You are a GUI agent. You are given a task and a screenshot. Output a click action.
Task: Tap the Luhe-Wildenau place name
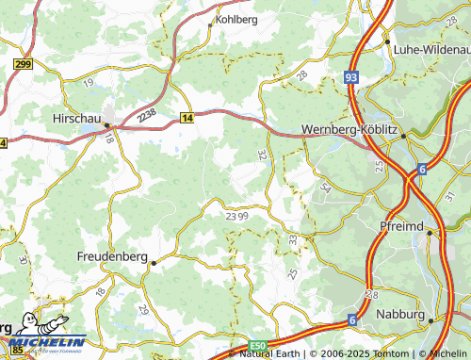pyautogui.click(x=432, y=48)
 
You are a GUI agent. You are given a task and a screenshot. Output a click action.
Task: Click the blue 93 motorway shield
pyautogui.click(x=351, y=76)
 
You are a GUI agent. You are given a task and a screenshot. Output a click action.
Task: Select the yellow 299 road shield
pyautogui.click(x=24, y=62)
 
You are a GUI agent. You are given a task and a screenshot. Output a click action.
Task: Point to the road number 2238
pyautogui.click(x=146, y=114)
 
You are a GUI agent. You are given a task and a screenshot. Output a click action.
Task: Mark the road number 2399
pyautogui.click(x=237, y=216)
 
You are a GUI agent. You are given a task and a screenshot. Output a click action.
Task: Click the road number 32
pyautogui.click(x=262, y=153)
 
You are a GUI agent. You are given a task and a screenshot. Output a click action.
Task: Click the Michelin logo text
pyautogui.click(x=48, y=342)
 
